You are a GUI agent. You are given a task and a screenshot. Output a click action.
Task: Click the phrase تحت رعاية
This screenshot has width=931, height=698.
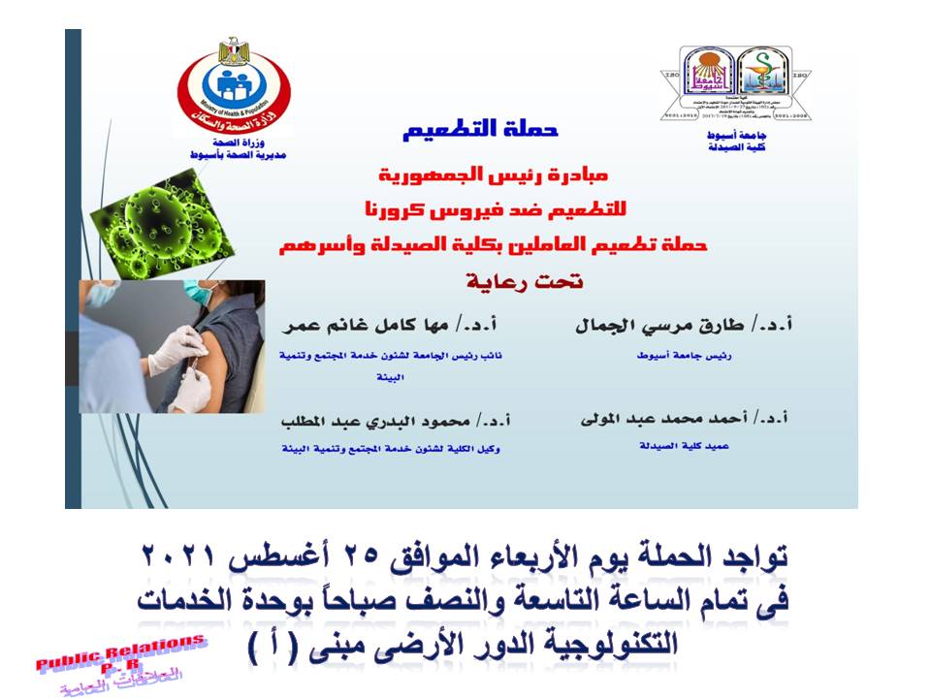coord(522,282)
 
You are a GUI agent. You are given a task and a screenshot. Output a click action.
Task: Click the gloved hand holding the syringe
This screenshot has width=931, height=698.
coord(184,349)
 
